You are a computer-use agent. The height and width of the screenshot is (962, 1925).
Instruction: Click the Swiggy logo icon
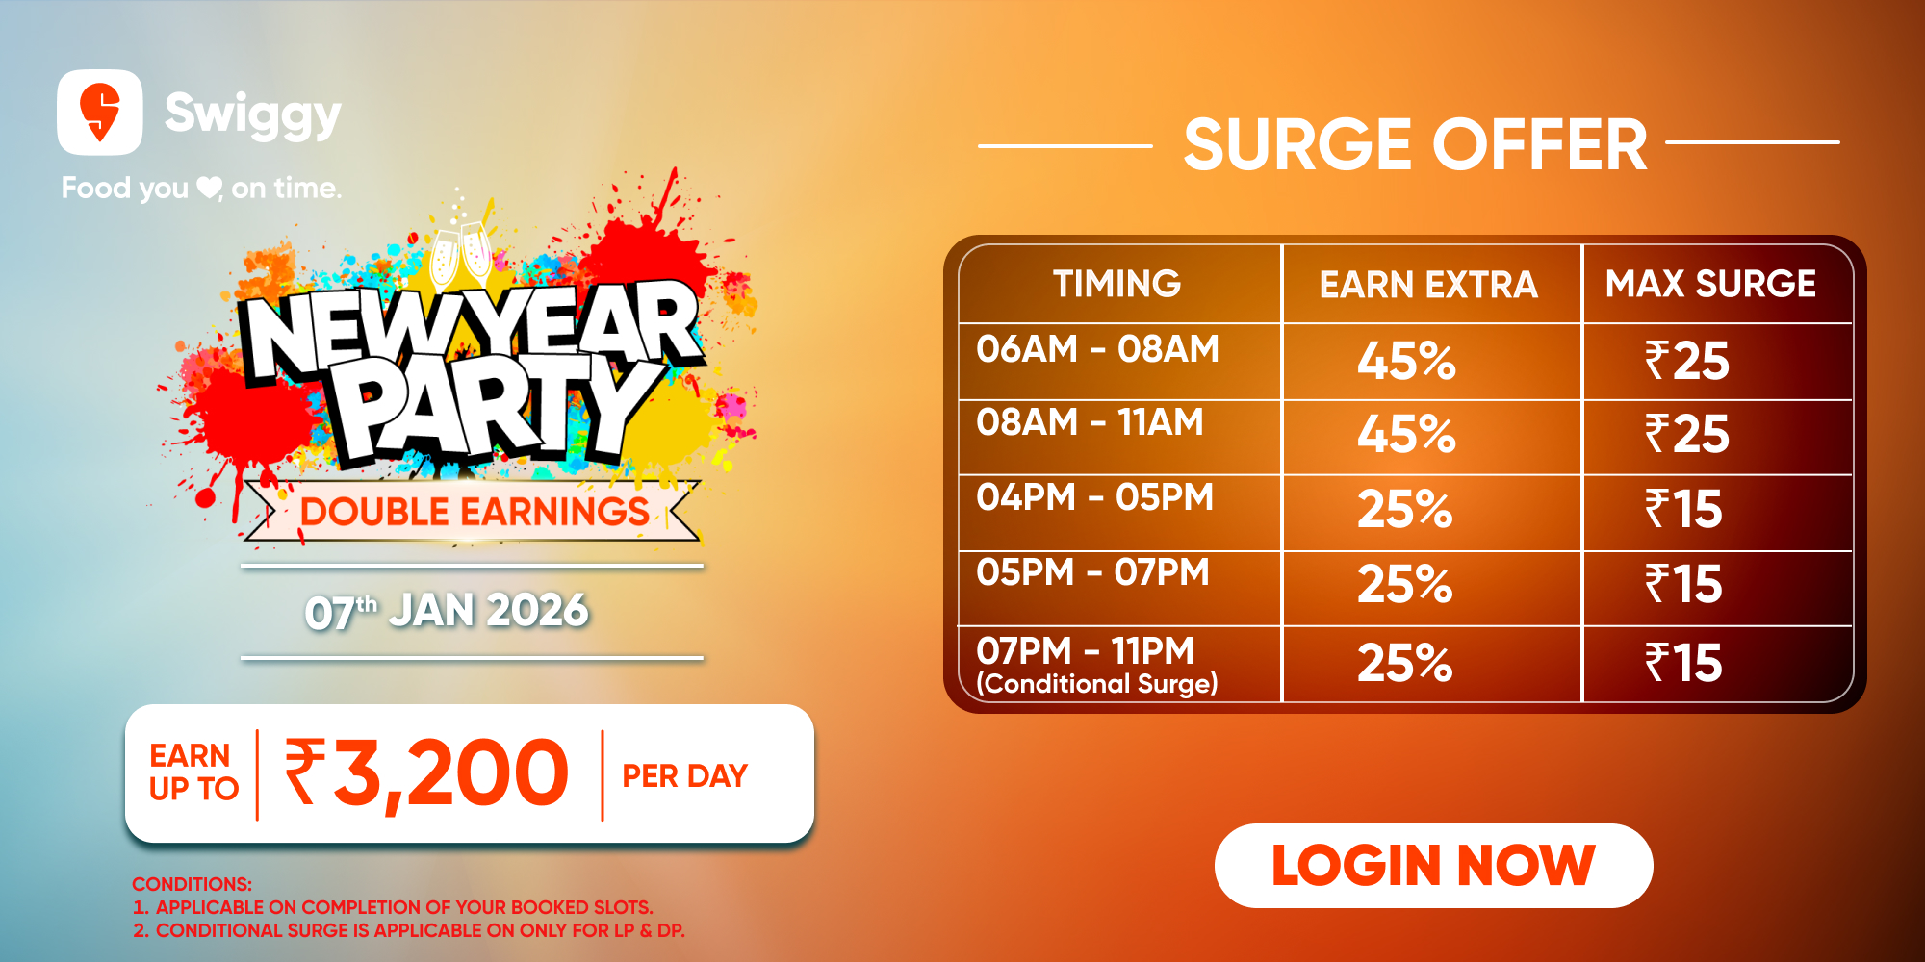click(x=100, y=112)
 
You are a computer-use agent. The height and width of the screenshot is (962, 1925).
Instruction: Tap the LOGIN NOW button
click(x=1433, y=865)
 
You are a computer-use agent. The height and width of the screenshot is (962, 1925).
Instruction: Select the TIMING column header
click(x=1116, y=284)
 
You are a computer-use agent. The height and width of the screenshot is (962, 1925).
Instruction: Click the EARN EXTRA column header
click(x=1428, y=285)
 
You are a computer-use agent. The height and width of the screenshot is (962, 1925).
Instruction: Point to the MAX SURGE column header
click(x=1710, y=284)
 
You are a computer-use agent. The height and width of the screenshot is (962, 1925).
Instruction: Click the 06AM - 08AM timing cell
click(x=1097, y=348)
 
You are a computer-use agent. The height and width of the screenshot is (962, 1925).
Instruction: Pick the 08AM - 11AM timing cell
click(x=1090, y=421)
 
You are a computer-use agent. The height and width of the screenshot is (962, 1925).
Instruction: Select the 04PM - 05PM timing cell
click(x=1094, y=496)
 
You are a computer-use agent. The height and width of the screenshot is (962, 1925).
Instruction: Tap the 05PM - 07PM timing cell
click(x=1092, y=571)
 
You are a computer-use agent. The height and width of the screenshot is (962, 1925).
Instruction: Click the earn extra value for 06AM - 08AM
click(x=1406, y=362)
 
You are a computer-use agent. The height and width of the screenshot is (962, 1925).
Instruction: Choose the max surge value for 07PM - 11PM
click(x=1683, y=663)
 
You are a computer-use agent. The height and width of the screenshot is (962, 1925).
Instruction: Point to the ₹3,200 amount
click(x=426, y=773)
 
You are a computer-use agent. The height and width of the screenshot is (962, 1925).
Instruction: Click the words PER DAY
click(x=684, y=775)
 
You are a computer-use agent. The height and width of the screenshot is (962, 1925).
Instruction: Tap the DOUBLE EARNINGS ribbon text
click(x=475, y=511)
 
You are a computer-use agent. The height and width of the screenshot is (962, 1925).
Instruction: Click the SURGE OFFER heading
click(x=1416, y=145)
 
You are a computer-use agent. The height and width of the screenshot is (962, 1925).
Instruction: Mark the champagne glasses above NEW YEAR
click(x=460, y=254)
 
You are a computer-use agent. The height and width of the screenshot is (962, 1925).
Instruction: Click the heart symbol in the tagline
click(x=209, y=188)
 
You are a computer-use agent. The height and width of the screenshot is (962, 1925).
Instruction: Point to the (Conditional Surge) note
click(x=1097, y=684)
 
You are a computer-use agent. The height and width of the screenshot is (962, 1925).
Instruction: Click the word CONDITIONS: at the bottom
click(x=192, y=884)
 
